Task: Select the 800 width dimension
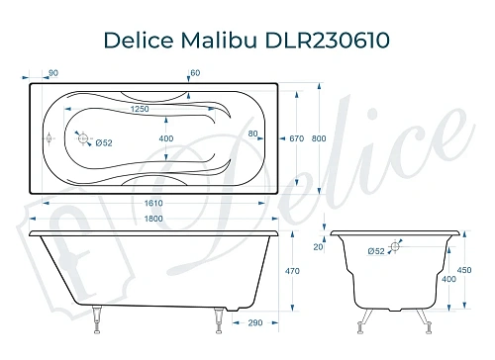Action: [x=319, y=139]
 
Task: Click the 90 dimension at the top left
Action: [x=51, y=73]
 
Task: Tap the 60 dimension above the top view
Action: [x=196, y=73]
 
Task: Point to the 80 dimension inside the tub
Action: [x=253, y=133]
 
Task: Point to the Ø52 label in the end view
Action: [x=376, y=251]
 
